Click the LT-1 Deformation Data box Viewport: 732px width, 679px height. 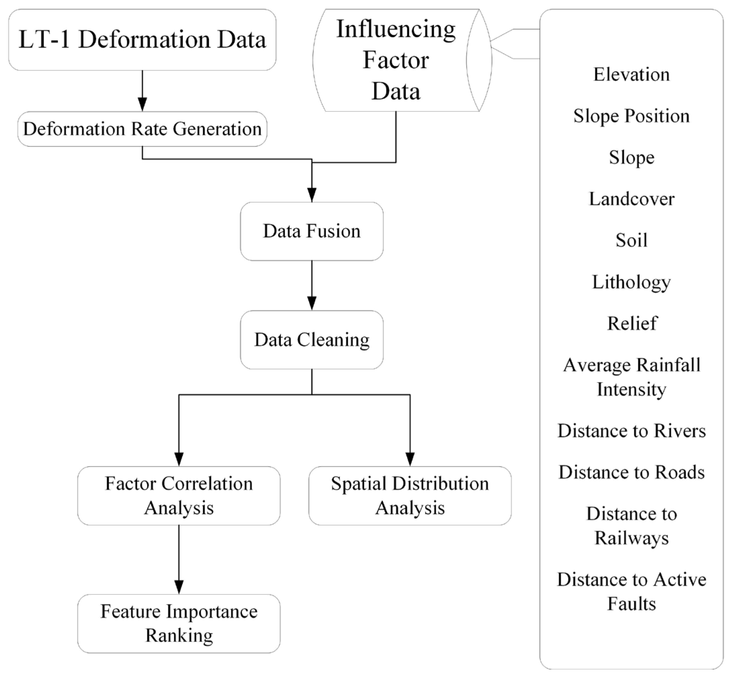(x=142, y=40)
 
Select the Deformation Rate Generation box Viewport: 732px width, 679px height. (x=142, y=129)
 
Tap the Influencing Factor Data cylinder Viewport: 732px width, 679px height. (x=396, y=60)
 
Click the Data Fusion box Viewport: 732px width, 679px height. (x=312, y=231)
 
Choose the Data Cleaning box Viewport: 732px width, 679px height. (x=312, y=340)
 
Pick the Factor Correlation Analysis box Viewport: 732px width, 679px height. (x=179, y=495)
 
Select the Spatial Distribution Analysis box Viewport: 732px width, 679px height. (x=410, y=495)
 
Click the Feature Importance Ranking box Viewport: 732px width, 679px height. (x=179, y=623)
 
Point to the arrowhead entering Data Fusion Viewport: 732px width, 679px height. (x=312, y=195)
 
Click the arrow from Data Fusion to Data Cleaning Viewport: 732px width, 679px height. (x=312, y=285)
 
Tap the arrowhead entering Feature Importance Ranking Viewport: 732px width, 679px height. (x=179, y=587)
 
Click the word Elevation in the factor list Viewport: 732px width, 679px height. (x=632, y=75)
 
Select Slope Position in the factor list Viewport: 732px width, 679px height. (x=632, y=116)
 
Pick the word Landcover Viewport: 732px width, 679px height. (x=632, y=199)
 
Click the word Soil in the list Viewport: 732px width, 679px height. (x=632, y=240)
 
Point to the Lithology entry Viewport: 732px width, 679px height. (x=632, y=282)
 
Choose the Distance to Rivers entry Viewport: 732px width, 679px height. (x=632, y=430)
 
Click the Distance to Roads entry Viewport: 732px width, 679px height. (x=632, y=472)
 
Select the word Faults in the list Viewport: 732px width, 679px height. (x=632, y=604)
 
